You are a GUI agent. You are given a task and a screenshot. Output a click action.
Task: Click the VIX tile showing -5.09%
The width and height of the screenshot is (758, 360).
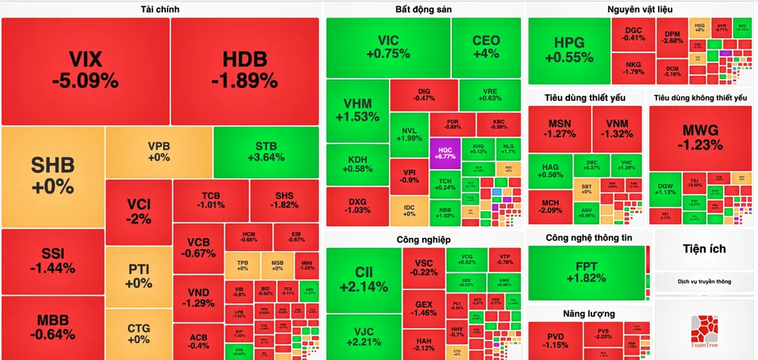click(x=84, y=70)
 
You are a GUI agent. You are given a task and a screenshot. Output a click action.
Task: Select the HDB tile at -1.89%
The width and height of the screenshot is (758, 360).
click(x=245, y=70)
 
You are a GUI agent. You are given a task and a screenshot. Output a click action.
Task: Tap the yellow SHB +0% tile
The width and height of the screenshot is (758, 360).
click(x=52, y=174)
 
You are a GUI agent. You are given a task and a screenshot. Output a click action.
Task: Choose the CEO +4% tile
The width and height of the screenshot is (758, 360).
click(x=486, y=47)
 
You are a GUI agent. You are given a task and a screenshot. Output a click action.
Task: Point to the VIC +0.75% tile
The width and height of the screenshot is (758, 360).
click(x=388, y=47)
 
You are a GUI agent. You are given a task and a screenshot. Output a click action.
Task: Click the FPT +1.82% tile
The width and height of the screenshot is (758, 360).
click(x=586, y=271)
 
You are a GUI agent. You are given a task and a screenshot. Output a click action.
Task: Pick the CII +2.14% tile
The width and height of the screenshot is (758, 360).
click(x=362, y=279)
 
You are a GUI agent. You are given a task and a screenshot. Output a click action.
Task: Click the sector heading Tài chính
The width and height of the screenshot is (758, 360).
click(x=160, y=9)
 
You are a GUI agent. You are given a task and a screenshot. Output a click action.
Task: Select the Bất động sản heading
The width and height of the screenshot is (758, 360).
click(x=423, y=9)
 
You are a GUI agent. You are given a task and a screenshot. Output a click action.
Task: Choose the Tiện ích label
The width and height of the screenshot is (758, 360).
click(x=704, y=249)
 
